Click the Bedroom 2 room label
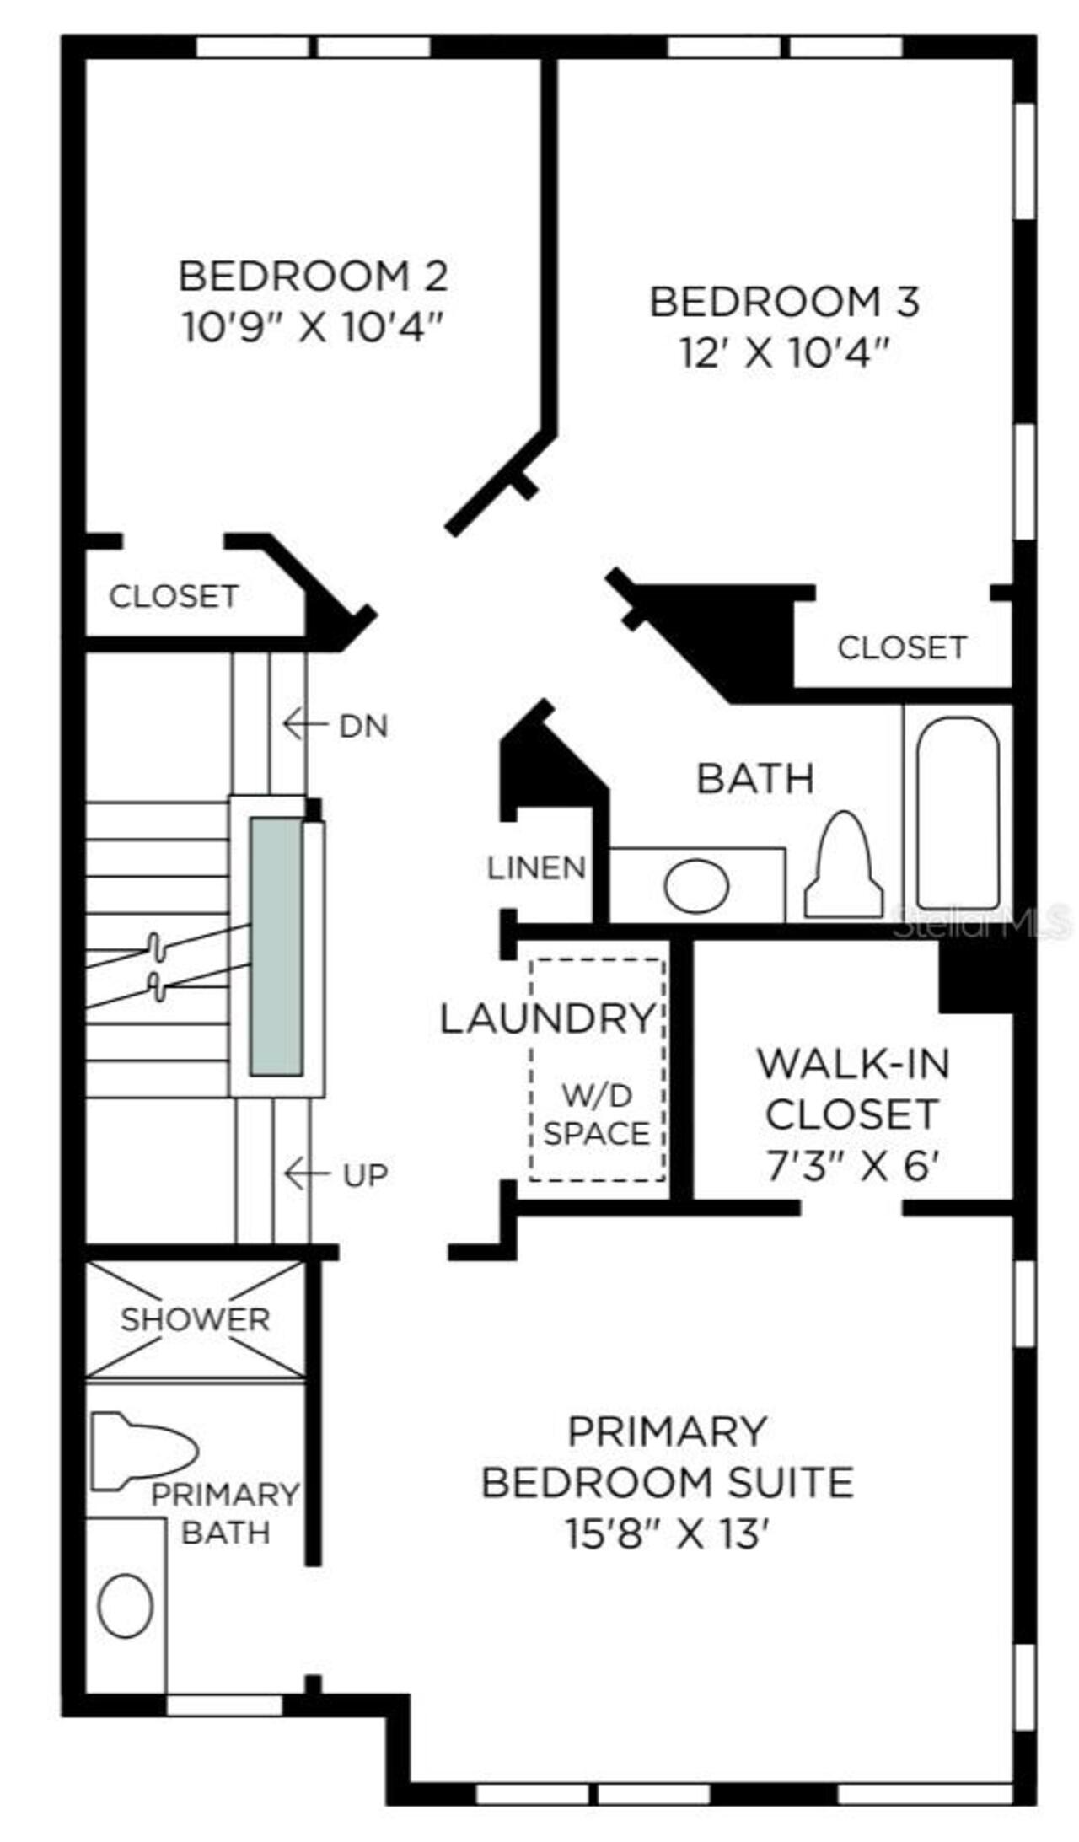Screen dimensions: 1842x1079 (x=313, y=276)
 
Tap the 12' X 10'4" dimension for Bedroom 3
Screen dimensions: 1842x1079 (x=785, y=353)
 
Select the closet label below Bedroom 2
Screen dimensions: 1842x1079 (x=174, y=596)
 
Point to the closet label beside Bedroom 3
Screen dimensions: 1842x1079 (x=901, y=647)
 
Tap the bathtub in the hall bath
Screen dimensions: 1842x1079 (x=958, y=813)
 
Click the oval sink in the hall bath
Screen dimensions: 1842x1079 (x=696, y=885)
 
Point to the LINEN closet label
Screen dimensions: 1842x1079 (x=536, y=867)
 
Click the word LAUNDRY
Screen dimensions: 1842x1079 (x=548, y=1018)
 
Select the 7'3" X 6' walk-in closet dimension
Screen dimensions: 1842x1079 (x=852, y=1167)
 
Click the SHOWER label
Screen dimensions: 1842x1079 (x=195, y=1319)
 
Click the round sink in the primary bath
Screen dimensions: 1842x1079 (x=126, y=1606)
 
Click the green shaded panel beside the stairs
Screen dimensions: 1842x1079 (x=276, y=946)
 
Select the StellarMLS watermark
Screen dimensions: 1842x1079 (x=983, y=926)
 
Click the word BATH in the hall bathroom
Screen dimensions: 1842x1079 (x=755, y=777)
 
